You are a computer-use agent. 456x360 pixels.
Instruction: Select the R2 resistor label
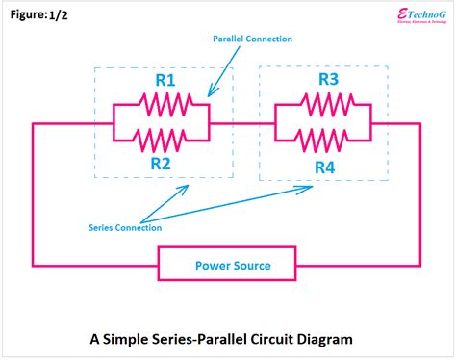click(x=161, y=163)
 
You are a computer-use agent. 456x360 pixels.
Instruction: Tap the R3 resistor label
click(x=326, y=80)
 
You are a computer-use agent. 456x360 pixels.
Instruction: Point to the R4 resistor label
click(x=326, y=167)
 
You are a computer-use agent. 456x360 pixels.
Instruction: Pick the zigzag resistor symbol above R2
click(x=162, y=141)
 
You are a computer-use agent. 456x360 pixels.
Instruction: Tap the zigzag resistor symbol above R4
click(x=324, y=141)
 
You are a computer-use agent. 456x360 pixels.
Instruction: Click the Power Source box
click(x=232, y=265)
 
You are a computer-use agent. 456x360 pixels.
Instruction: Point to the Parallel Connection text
click(x=252, y=39)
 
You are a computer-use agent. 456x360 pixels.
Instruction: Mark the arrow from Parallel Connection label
click(x=224, y=72)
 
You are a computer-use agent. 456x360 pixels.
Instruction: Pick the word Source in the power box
click(x=251, y=265)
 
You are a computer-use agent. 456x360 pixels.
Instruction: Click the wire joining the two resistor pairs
click(x=242, y=123)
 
